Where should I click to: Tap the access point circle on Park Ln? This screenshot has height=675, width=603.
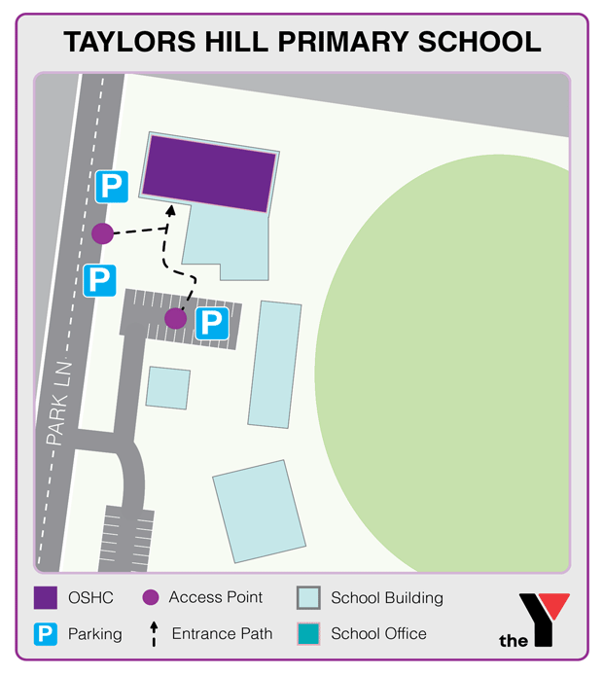(x=102, y=233)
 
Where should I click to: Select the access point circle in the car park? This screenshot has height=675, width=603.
(x=175, y=318)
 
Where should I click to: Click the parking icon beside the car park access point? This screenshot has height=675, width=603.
(x=212, y=324)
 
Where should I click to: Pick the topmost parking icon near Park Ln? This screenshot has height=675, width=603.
(x=112, y=185)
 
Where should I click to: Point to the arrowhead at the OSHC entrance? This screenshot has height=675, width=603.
(x=170, y=208)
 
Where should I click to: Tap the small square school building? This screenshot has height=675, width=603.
(x=167, y=387)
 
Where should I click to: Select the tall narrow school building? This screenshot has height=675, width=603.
(x=275, y=364)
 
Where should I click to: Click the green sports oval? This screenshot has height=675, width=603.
(x=457, y=360)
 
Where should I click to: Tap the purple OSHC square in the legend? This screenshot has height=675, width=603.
(x=45, y=598)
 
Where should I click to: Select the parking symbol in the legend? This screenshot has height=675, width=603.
(x=45, y=634)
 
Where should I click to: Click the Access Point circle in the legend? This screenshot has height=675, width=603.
(x=150, y=598)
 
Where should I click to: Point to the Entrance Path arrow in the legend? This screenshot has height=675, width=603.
(x=153, y=633)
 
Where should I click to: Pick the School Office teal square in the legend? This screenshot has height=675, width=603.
(x=308, y=634)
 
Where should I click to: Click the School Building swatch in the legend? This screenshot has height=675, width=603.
(x=308, y=598)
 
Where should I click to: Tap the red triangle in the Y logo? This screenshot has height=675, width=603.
(x=555, y=608)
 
